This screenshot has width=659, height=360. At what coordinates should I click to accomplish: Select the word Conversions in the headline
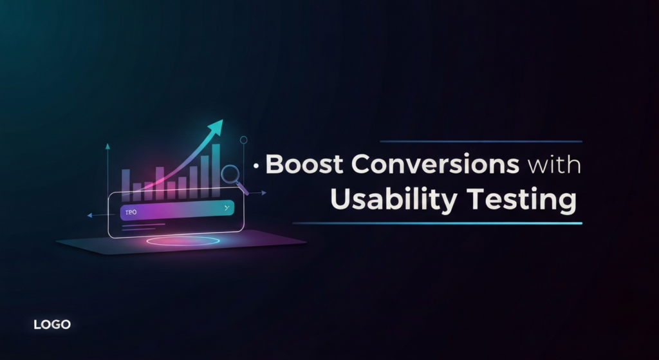pyautogui.click(x=436, y=165)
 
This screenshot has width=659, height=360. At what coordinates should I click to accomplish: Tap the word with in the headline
pyautogui.click(x=554, y=166)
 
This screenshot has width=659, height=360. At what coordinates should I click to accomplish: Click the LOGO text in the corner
pyautogui.click(x=52, y=325)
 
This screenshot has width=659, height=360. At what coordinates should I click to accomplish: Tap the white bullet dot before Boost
pyautogui.click(x=257, y=166)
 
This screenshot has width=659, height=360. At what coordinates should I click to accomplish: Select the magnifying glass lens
pyautogui.click(x=230, y=174)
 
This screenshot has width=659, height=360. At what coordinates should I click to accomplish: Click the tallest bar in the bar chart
pyautogui.click(x=216, y=164)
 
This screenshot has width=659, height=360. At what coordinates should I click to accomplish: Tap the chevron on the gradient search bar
pyautogui.click(x=226, y=208)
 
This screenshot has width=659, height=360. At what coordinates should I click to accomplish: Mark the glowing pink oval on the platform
pyautogui.click(x=181, y=241)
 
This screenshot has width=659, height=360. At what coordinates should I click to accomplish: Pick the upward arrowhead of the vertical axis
pyautogui.click(x=107, y=146)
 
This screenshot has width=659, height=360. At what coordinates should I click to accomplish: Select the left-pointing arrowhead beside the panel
pyautogui.click(x=89, y=215)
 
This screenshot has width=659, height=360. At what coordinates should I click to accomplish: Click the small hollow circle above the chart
pyautogui.click(x=243, y=139)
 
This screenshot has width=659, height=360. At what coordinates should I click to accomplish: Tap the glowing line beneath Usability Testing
pyautogui.click(x=438, y=223)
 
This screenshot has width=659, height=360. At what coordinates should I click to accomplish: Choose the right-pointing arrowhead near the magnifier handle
pyautogui.click(x=264, y=192)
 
